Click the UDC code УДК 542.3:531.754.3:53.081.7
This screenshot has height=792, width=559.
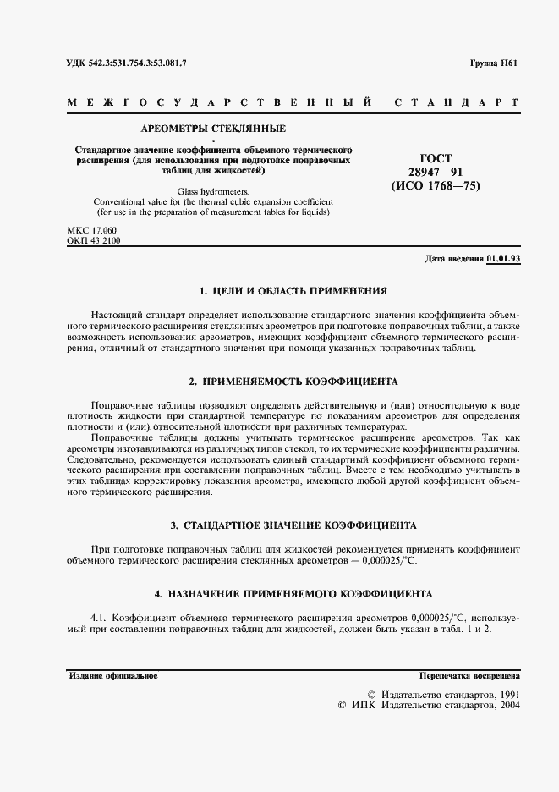[x=126, y=64]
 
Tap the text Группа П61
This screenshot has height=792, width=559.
[x=495, y=64]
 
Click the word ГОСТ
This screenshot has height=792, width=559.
[x=436, y=158]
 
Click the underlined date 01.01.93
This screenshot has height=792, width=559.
[x=503, y=259]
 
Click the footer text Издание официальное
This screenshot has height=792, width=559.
[x=112, y=676]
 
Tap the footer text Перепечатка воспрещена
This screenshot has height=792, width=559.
[x=469, y=676]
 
